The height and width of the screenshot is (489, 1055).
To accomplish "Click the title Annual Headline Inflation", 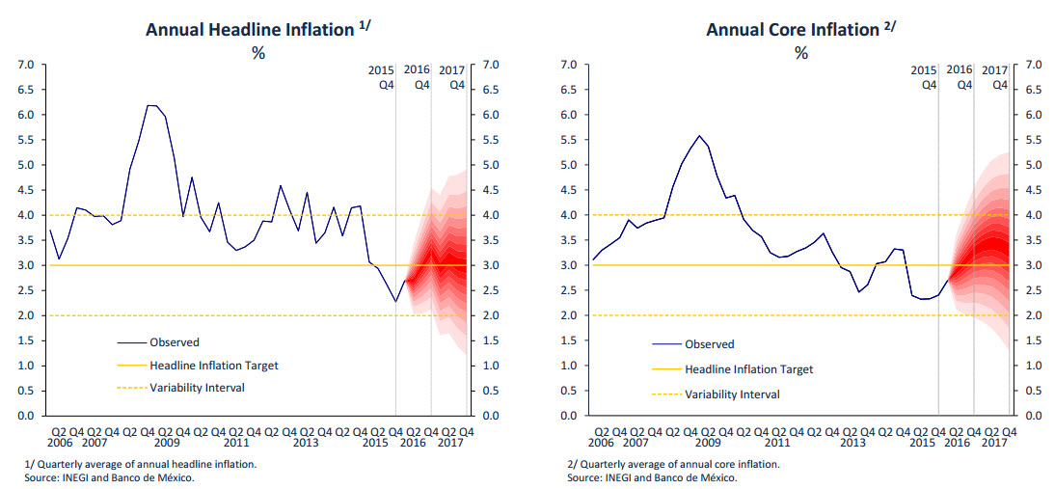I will (x=249, y=30).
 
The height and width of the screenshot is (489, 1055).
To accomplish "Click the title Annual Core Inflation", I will (x=792, y=30).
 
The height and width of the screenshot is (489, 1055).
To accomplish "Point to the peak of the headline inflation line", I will (x=152, y=106).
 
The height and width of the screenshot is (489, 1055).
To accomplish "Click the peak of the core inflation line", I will (x=699, y=136).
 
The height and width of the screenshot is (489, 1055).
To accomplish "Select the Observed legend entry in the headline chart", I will (x=175, y=341).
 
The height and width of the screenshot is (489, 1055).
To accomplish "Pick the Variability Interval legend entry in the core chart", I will (x=732, y=394).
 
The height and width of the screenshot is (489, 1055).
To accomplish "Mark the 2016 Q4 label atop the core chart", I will (x=960, y=77).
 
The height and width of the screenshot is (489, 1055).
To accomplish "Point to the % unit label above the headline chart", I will (x=257, y=53).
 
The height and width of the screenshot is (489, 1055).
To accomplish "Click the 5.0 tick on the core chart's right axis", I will (x=1036, y=165).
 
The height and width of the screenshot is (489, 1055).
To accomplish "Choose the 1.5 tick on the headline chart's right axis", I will (x=490, y=340).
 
